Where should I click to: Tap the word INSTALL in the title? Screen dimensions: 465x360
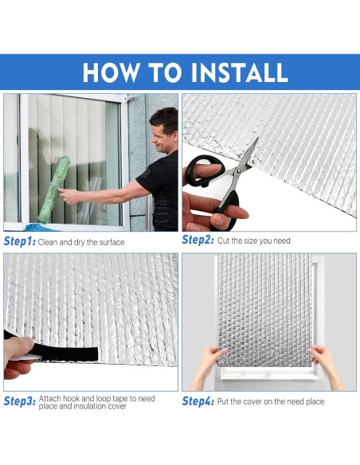(238, 72)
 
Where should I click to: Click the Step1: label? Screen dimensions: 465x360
(20, 240)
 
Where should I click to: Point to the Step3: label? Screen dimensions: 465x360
(20, 401)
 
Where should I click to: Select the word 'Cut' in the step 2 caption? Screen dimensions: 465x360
(224, 240)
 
